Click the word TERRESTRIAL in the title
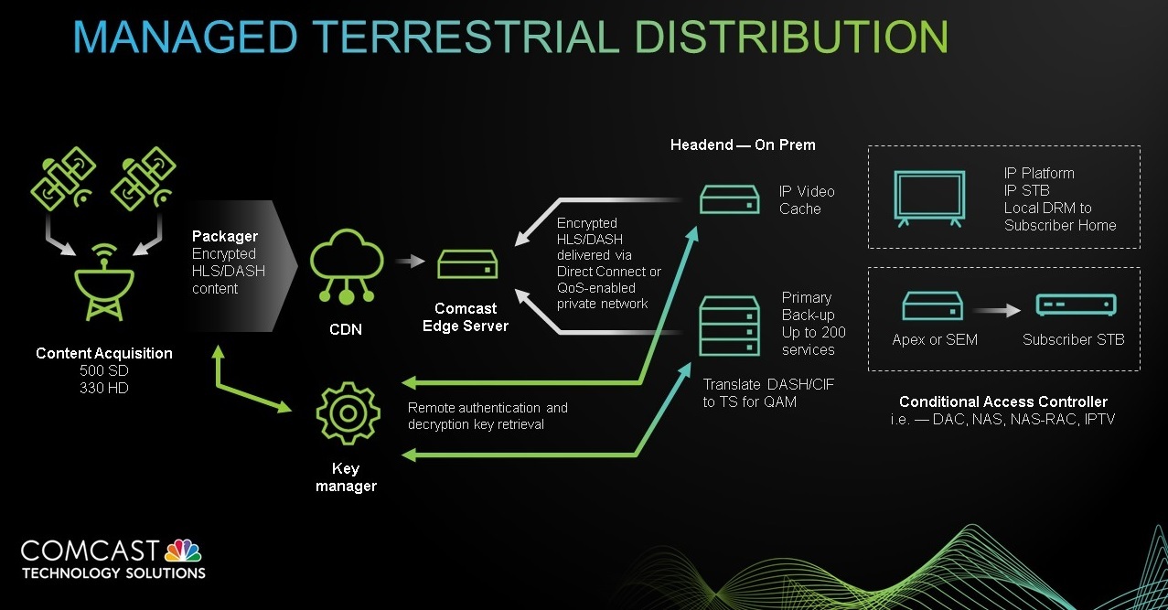pyautogui.click(x=466, y=37)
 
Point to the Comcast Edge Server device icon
pyautogui.click(x=467, y=264)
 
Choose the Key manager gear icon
pyautogui.click(x=348, y=413)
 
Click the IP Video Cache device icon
pyautogui.click(x=730, y=199)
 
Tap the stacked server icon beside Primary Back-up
pyautogui.click(x=730, y=326)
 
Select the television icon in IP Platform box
pyautogui.click(x=929, y=198)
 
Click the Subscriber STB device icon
pyautogui.click(x=1077, y=305)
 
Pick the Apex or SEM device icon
pyautogui.click(x=933, y=306)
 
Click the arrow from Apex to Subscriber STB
pyautogui.click(x=996, y=310)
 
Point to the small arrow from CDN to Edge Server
pyautogui.click(x=411, y=260)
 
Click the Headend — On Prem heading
pyautogui.click(x=743, y=144)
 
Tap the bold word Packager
pyautogui.click(x=225, y=236)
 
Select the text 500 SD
pyautogui.click(x=103, y=370)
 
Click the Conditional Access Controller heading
pyautogui.click(x=1003, y=401)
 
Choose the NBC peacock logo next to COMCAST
pyautogui.click(x=183, y=551)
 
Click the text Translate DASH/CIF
pyautogui.click(x=768, y=384)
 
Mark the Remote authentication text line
pyautogui.click(x=488, y=408)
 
